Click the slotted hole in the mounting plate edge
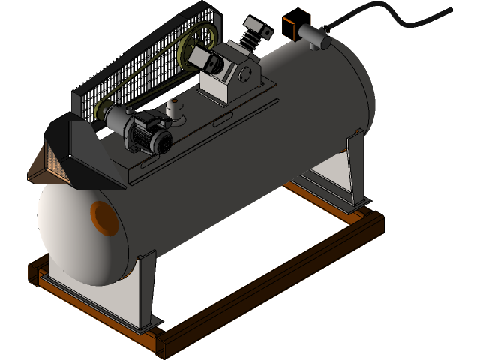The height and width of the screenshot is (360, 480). pos(221,120)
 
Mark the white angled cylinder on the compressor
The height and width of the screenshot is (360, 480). pos(204,57)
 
